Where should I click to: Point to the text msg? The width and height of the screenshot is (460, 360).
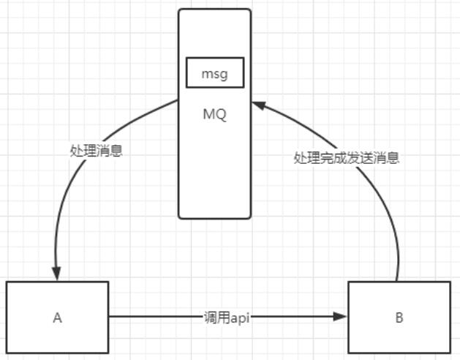point(214,74)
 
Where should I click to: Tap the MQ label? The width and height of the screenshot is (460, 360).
point(214,114)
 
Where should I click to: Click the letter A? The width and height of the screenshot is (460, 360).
point(58,318)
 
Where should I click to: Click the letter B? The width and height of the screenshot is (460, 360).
point(399,318)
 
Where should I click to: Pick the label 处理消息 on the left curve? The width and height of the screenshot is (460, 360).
point(97,151)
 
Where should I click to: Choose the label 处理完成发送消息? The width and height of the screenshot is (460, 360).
point(347,158)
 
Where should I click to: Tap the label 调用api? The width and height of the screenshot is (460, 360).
point(227,318)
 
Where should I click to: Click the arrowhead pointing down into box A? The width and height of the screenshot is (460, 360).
point(56,274)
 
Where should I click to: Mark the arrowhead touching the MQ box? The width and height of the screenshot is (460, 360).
point(259,105)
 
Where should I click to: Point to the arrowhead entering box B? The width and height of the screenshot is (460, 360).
point(340,317)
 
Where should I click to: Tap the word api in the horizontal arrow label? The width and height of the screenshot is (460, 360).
point(240,318)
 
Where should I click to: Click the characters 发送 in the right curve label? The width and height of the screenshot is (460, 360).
point(360,158)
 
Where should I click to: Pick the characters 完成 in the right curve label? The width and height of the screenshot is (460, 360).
point(333,158)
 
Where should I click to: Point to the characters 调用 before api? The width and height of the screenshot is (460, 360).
point(217,318)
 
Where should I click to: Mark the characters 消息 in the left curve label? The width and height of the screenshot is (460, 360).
point(110,151)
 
